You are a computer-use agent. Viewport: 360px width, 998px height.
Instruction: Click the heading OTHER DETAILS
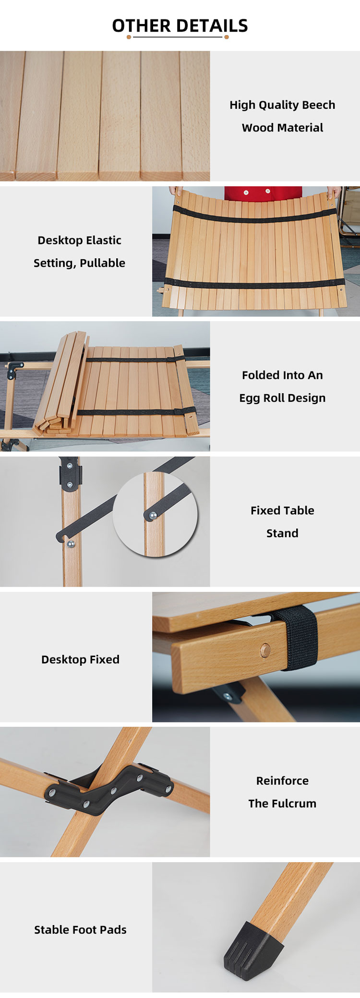point(180,25)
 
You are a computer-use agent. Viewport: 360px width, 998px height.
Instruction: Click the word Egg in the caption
point(250,398)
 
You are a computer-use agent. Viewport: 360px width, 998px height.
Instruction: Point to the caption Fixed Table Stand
point(282,522)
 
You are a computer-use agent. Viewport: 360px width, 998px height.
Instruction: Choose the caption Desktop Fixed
point(80,660)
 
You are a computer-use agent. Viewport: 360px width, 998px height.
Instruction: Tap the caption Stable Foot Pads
point(80,930)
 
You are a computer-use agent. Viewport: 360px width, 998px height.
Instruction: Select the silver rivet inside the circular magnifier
point(153,516)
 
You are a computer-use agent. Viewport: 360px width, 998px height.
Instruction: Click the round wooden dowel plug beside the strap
point(265,650)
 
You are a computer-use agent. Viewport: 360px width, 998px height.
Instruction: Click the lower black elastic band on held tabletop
point(254,284)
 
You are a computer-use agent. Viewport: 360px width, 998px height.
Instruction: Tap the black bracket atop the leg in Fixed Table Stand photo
point(70,475)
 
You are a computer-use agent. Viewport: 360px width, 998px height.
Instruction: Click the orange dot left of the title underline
point(129,37)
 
